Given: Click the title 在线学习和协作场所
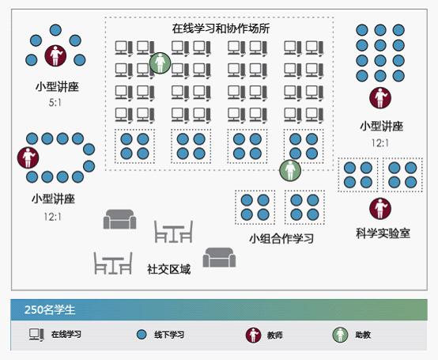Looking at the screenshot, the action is tap(221, 28).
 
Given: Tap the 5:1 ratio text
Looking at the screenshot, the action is tap(55, 103).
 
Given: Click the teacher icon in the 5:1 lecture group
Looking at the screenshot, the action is tap(55, 55).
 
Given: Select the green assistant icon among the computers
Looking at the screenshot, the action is tap(160, 63).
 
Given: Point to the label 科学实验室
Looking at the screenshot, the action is tap(383, 233).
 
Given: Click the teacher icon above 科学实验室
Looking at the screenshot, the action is tap(380, 209).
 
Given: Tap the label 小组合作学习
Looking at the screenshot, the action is tap(281, 238).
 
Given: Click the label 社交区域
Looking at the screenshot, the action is tap(169, 269).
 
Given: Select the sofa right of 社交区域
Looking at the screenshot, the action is tap(219, 257).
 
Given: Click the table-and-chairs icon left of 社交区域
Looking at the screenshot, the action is tap(113, 263).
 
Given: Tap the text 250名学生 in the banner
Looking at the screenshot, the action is tap(50, 309).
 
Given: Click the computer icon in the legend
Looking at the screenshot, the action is tap(36, 335).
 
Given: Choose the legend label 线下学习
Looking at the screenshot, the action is tap(169, 335).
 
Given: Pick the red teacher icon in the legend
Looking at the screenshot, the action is tap(253, 335).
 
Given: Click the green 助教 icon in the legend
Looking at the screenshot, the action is tap(340, 335).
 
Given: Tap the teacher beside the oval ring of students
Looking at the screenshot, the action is tap(28, 157).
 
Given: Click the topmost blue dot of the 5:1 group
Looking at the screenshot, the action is tap(55, 30).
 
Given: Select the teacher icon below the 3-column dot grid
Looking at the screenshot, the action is tap(380, 98).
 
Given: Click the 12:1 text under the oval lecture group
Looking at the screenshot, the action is tap(53, 217).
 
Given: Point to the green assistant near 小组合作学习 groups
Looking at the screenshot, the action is tap(290, 170).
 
